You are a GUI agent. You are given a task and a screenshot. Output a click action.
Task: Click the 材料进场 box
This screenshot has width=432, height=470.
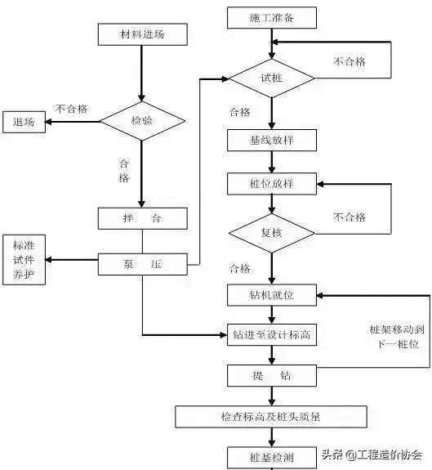142,34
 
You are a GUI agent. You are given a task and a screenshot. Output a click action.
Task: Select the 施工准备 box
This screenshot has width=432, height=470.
271,16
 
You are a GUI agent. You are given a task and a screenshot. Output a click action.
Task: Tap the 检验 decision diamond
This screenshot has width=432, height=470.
142,121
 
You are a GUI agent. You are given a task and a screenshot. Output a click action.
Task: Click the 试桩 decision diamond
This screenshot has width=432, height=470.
271,78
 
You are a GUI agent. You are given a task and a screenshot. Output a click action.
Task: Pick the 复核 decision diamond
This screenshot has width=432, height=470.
271,233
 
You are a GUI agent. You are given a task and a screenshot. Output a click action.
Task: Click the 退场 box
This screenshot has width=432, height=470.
24,122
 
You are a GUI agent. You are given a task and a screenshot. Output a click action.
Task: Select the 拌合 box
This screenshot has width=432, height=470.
142,219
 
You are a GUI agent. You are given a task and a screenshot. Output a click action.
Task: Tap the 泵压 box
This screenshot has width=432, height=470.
142,265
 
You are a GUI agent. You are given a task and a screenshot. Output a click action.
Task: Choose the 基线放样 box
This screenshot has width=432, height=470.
271,141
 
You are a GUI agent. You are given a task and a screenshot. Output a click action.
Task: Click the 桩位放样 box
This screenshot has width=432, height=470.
271,184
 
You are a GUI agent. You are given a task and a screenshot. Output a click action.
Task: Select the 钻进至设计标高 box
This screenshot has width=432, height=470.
271,334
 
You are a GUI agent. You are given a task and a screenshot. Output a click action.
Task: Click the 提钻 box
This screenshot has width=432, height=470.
271,375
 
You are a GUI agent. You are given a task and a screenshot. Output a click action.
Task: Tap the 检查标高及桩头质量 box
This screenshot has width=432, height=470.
271,417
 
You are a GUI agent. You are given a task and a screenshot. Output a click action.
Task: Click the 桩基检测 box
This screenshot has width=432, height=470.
271,456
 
